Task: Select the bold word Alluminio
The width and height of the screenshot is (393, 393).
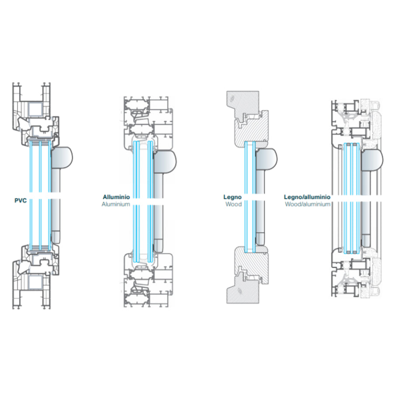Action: [x=116, y=197]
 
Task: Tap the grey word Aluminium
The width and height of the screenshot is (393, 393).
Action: [x=116, y=204]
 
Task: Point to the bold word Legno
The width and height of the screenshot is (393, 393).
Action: [x=232, y=197]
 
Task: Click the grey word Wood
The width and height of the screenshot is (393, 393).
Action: [x=233, y=204]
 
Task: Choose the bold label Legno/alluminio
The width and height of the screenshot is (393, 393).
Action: [x=307, y=197]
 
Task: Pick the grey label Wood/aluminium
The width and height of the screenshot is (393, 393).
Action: [x=307, y=204]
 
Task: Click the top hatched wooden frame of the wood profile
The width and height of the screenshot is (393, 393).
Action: [x=247, y=118]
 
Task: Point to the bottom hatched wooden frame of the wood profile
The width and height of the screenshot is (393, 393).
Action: [x=247, y=273]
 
